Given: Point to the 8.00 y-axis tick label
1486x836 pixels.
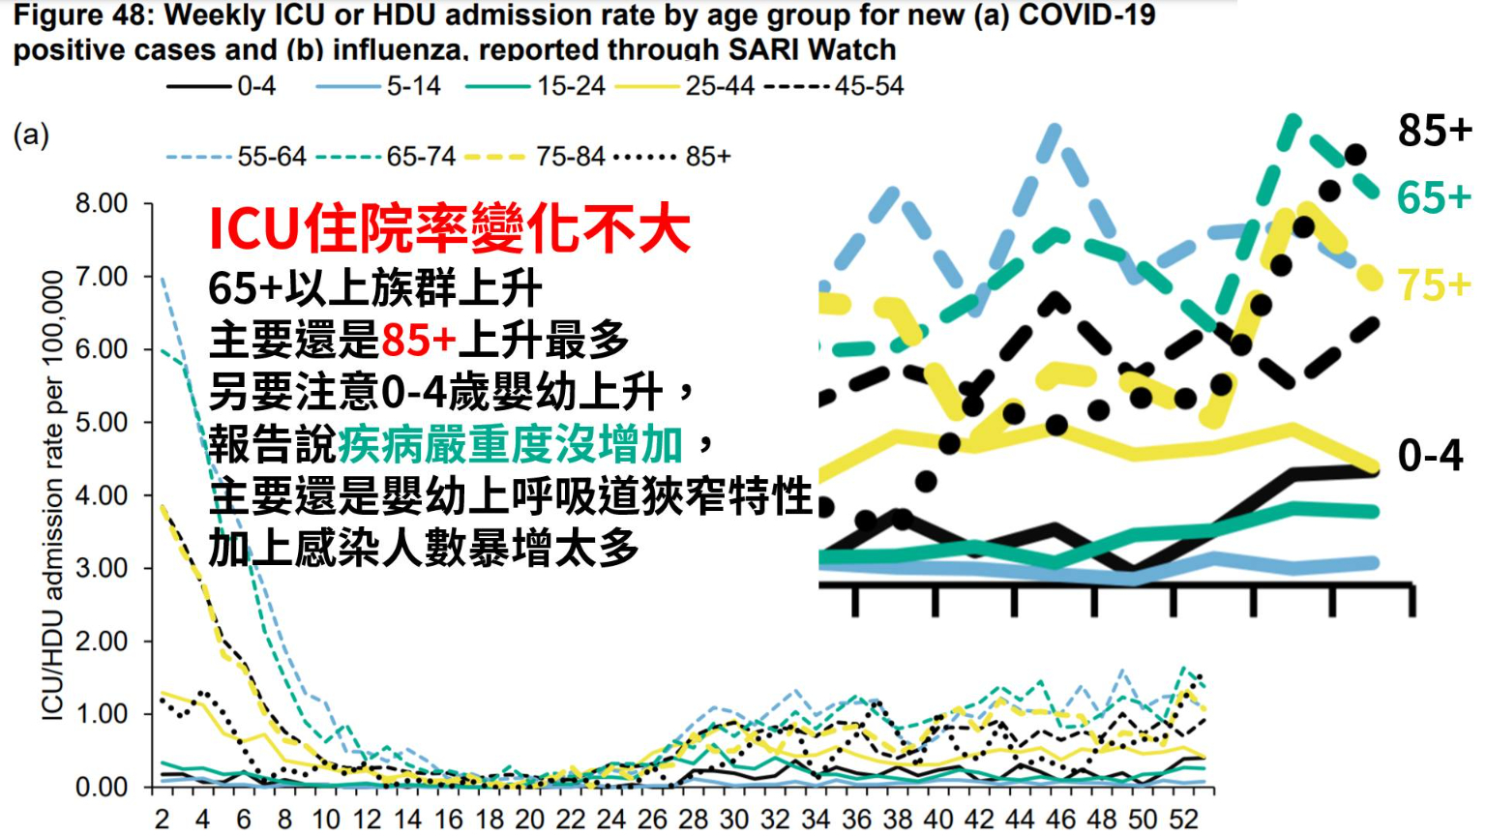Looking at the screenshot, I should tap(102, 203).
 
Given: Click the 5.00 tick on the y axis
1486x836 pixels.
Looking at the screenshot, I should tap(102, 423).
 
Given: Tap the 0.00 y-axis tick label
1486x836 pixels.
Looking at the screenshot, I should tap(102, 788).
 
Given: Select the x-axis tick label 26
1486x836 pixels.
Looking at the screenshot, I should tap(652, 820).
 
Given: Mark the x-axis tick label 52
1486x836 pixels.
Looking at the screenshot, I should tap(1184, 820).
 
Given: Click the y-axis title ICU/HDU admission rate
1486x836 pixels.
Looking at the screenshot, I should tap(52, 494).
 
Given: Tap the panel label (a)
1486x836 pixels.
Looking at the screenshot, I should tap(31, 134).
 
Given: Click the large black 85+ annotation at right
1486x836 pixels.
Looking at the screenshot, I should tap(1435, 130).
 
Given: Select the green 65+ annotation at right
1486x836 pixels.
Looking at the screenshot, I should tap(1434, 197).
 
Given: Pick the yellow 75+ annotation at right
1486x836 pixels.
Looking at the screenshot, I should tap(1434, 284).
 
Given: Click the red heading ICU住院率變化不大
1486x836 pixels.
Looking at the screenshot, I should tap(450, 229).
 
